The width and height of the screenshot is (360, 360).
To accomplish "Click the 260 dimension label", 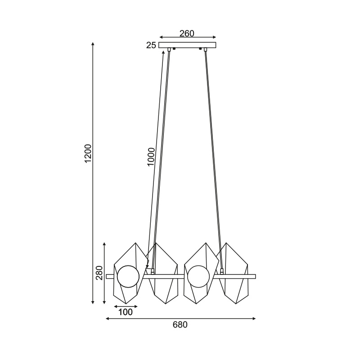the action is [187, 33].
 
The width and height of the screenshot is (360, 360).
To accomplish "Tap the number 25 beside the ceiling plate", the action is [151, 45].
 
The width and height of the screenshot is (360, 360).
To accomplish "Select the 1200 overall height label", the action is [88, 153].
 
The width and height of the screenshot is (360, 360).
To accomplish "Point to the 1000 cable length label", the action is [151, 157].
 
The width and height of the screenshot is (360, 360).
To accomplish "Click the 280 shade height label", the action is [99, 273].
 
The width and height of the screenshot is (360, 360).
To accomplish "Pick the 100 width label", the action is [126, 312].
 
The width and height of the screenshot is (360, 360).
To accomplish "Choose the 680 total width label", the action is [180, 324].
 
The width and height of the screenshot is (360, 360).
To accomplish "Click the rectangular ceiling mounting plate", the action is [187, 45].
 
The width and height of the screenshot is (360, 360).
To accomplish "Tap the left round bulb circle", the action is [128, 276].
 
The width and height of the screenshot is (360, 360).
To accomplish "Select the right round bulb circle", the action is [198, 276].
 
